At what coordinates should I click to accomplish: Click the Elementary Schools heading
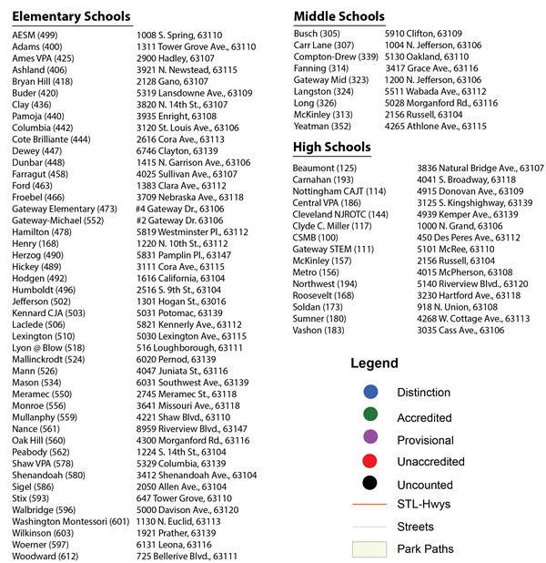[71, 16]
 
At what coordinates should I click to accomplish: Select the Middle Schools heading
[339, 16]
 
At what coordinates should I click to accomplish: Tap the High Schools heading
[332, 147]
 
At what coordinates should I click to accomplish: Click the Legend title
[374, 363]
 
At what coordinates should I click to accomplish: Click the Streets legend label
[415, 527]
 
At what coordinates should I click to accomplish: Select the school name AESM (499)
[35, 35]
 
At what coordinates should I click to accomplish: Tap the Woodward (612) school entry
[46, 556]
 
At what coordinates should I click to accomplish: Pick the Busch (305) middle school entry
[318, 33]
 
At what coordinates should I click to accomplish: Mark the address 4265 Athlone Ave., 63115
[435, 126]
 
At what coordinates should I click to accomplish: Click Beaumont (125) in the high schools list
[325, 169]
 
